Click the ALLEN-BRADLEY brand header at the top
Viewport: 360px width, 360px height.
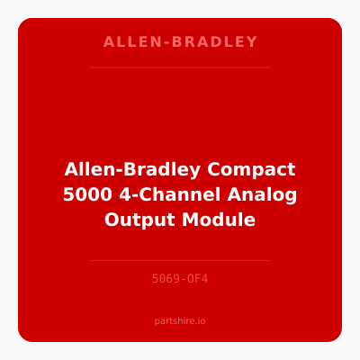pyautogui.click(x=180, y=42)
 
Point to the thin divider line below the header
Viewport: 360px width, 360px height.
pyautogui.click(x=180, y=67)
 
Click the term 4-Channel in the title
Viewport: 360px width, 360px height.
pyautogui.click(x=175, y=194)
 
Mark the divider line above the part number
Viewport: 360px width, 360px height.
pyautogui.click(x=180, y=260)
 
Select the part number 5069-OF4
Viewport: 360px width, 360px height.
pyautogui.click(x=180, y=279)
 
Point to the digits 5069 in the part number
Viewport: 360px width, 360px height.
pyautogui.click(x=165, y=279)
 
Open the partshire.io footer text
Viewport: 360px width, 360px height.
pyautogui.click(x=180, y=320)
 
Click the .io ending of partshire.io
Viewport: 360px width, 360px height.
pyautogui.click(x=201, y=320)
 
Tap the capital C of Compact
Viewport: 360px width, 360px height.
pyautogui.click(x=216, y=170)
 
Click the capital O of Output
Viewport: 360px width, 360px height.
pyautogui.click(x=112, y=219)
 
